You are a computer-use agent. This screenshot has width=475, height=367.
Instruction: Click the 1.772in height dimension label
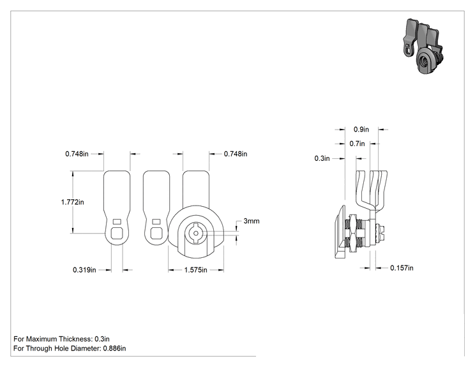pyautogui.click(x=72, y=202)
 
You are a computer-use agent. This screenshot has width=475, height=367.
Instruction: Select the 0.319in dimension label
pyautogui.click(x=84, y=270)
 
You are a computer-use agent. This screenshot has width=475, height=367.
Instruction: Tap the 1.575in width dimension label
pyautogui.click(x=196, y=270)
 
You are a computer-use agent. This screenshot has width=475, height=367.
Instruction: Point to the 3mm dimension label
pyautogui.click(x=252, y=221)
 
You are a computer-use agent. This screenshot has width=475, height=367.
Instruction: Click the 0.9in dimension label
pyautogui.click(x=361, y=130)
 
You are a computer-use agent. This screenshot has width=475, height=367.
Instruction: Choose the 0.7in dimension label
pyautogui.click(x=357, y=144)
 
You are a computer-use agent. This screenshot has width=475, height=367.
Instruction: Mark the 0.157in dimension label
pyautogui.click(x=402, y=268)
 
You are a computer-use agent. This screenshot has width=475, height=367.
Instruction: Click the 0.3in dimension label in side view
pyautogui.click(x=322, y=158)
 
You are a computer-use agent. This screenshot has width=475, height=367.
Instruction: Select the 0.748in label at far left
pyautogui.click(x=77, y=154)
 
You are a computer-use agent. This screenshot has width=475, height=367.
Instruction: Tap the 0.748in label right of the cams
pyautogui.click(x=236, y=154)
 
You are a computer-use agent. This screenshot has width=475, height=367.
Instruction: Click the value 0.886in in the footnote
pyautogui.click(x=114, y=348)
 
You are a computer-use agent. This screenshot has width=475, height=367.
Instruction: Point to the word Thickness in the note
pyautogui.click(x=75, y=339)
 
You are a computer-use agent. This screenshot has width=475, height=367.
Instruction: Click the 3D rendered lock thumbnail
pyautogui.click(x=423, y=46)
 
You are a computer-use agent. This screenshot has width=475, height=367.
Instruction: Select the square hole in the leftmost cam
pyautogui.click(x=117, y=234)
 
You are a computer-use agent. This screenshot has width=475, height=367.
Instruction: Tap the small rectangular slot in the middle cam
pyautogui.click(x=156, y=221)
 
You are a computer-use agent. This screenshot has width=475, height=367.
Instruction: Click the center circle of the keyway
pyautogui.click(x=196, y=233)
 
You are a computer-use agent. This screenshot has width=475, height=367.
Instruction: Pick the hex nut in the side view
pyautogui.click(x=352, y=232)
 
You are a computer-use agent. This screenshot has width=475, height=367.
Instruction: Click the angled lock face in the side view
pyautogui.click(x=340, y=232)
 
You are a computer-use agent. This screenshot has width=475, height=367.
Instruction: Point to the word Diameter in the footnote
pyautogui.click(x=88, y=348)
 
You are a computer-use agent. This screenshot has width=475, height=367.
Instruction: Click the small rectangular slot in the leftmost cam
pyautogui.click(x=117, y=221)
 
